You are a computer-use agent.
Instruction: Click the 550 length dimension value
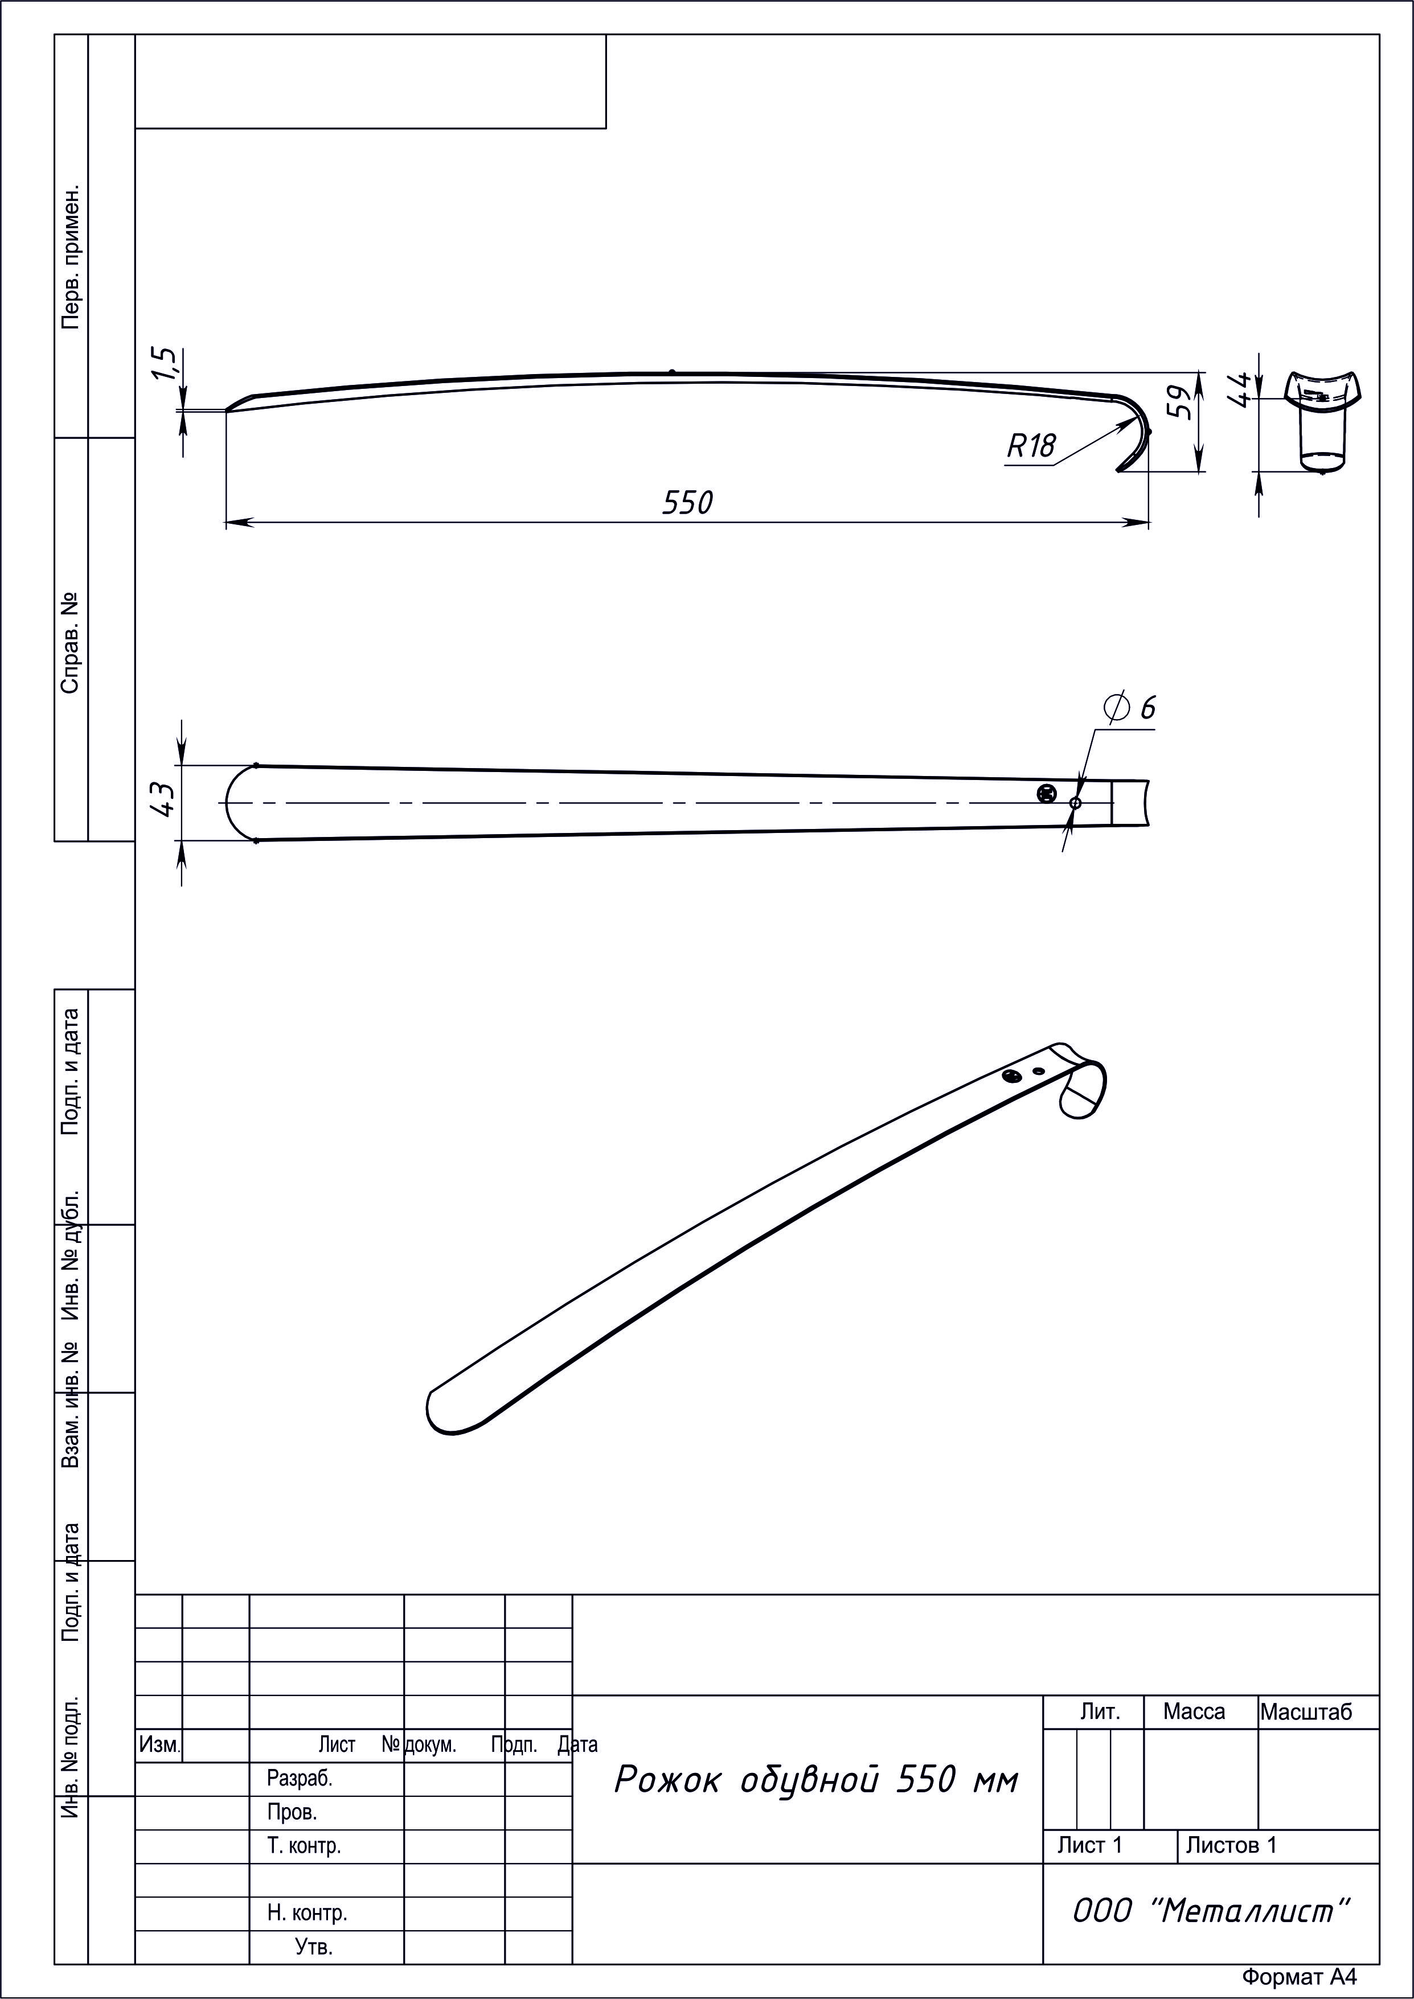pos(687,502)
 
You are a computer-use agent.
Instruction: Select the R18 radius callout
pos(1031,446)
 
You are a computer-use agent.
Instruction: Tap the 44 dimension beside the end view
pos(1239,388)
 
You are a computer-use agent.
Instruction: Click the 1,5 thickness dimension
pos(165,364)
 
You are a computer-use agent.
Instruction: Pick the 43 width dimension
pos(163,798)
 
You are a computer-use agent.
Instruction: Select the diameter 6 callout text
pos(1130,707)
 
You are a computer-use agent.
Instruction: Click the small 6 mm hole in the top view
pos(1075,803)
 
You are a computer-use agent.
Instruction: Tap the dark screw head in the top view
pos(1047,793)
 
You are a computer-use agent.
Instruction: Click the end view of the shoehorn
pos(1322,421)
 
